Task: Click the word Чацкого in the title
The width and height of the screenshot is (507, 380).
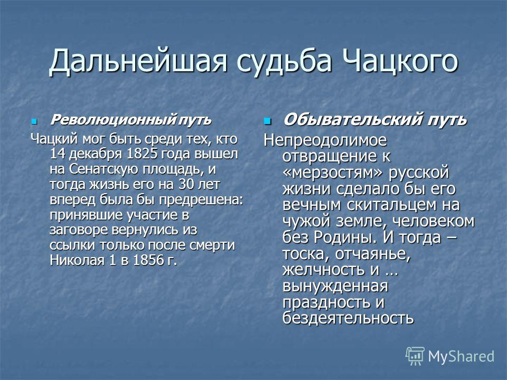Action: (x=399, y=61)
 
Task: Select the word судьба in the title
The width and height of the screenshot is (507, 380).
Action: (x=284, y=61)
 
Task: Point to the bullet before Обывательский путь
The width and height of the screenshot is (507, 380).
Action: (x=267, y=121)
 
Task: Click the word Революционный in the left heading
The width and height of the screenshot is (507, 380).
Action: (x=114, y=120)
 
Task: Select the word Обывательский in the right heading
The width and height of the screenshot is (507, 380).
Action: (x=353, y=119)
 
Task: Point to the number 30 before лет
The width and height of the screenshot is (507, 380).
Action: (x=185, y=184)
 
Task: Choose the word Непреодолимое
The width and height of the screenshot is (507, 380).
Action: (x=325, y=140)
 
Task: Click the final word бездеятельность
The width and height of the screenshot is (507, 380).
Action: (x=348, y=318)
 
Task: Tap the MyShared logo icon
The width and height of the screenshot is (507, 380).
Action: (x=415, y=356)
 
